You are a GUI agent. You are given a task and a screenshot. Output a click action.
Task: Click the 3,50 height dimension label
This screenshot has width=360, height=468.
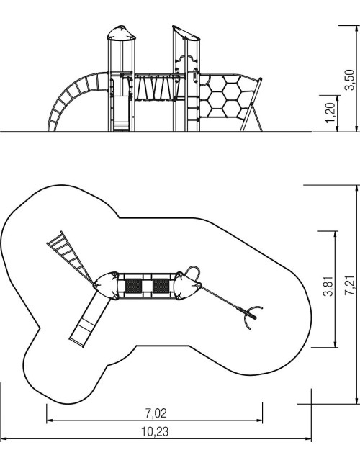(349, 79)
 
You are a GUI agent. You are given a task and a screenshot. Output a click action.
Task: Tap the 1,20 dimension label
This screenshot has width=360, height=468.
(330, 112)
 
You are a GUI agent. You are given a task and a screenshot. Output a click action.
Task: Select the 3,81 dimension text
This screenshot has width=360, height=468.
(328, 287)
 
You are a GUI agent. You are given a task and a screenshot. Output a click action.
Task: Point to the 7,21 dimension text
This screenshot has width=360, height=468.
(349, 286)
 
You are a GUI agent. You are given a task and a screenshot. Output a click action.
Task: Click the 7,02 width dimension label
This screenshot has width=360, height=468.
(156, 413)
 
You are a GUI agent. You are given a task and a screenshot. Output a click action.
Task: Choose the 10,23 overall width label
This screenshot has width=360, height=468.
(155, 431)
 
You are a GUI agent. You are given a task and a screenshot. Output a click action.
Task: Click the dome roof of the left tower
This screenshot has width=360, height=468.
(121, 33)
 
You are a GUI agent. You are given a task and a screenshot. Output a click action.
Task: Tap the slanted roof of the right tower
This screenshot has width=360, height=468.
(186, 33)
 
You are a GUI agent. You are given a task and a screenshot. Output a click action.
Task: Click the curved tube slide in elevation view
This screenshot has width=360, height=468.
(76, 99)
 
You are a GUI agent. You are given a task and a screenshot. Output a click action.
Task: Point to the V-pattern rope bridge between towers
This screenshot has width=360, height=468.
(154, 88)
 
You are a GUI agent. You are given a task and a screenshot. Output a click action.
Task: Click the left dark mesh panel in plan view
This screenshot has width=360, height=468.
(133, 286)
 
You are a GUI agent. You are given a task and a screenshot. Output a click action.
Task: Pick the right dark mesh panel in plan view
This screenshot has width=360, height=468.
(161, 286)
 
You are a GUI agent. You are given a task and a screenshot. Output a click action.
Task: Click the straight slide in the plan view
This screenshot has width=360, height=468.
(89, 320)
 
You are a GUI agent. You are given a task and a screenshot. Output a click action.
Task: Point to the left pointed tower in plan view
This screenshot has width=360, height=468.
(106, 286)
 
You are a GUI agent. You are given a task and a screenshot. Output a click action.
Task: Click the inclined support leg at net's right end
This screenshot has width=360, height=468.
(251, 104)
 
